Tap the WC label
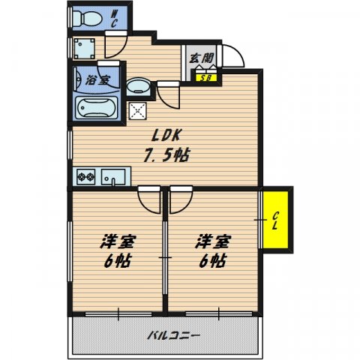pos(115,19)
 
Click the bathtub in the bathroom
pos(94,106)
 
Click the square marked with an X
pos(139,111)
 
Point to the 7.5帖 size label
pos(166,157)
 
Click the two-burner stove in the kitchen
pos(84,177)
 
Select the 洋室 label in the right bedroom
pos(213,242)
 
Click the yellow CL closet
pos(276,219)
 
